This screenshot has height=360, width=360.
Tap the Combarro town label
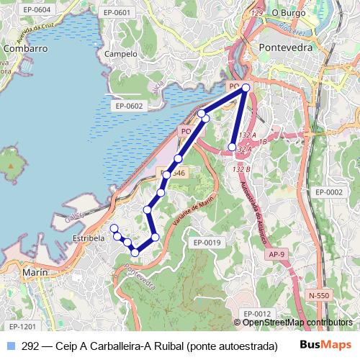click(25, 48)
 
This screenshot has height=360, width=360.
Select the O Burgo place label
click(289, 13)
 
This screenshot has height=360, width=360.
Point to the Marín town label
click(35, 273)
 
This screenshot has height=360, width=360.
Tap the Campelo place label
click(120, 54)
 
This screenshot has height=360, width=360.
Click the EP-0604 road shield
click(37, 10)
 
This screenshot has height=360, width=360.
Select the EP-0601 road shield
click(117, 13)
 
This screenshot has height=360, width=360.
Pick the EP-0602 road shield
click(129, 106)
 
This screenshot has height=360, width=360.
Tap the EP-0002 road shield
click(328, 192)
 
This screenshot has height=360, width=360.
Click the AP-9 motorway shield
click(277, 255)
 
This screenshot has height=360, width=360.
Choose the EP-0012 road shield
click(256, 313)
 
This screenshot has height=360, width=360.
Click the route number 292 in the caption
click(30, 346)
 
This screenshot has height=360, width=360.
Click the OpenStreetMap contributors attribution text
click(297, 322)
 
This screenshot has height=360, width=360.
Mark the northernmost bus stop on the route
click(246, 87)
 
